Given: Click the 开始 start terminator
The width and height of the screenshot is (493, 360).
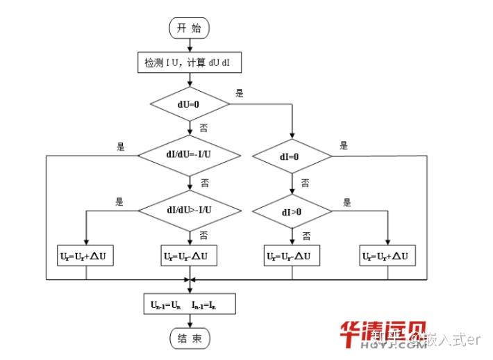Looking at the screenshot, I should (x=190, y=28).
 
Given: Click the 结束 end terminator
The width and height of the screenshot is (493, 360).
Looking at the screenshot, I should (x=190, y=338).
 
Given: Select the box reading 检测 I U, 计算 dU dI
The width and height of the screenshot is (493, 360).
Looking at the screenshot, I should (x=189, y=62).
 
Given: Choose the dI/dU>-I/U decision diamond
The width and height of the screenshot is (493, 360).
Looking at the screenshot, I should (x=190, y=209).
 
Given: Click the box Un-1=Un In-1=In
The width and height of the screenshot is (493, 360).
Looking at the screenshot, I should (x=189, y=304).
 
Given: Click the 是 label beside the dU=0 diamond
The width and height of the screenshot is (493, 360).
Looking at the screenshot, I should (x=240, y=93).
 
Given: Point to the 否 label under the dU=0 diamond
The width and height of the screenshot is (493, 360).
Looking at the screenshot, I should (x=203, y=128).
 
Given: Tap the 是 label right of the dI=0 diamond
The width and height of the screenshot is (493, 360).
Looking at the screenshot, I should (x=343, y=146).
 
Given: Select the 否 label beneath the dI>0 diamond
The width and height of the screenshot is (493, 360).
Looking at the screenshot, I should (x=306, y=236).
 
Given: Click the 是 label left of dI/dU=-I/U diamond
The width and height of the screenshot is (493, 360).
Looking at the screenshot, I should (x=120, y=146).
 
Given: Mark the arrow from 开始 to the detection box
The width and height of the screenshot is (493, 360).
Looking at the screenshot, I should (x=190, y=44).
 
